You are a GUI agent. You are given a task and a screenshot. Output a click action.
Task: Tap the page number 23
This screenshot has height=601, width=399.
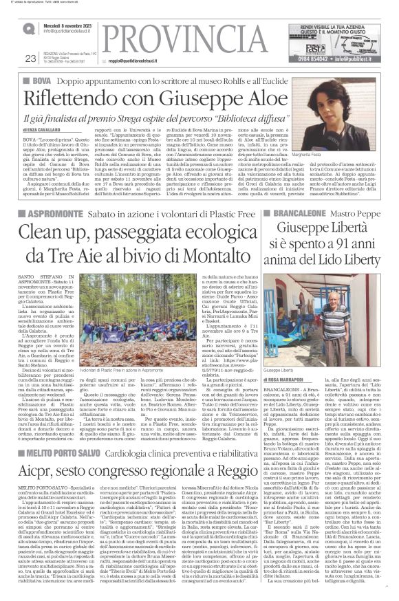29,58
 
